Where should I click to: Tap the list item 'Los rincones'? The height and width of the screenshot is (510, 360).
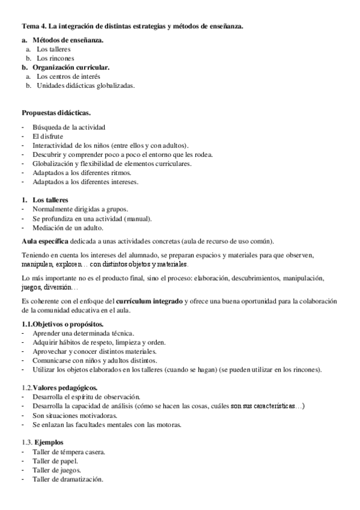coord(55,58)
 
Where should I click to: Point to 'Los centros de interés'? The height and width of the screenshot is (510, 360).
coord(68,76)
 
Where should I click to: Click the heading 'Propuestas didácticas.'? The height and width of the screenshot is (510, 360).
coord(56,112)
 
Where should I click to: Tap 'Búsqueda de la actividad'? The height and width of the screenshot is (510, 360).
coord(69,127)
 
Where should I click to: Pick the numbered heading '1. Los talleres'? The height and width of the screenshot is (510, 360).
coord(45,200)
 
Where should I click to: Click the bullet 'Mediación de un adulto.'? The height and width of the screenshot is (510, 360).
coord(69,227)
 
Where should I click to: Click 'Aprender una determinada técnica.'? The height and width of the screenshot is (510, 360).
coord(84,333)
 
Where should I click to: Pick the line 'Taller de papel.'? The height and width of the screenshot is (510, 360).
coord(56,461)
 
